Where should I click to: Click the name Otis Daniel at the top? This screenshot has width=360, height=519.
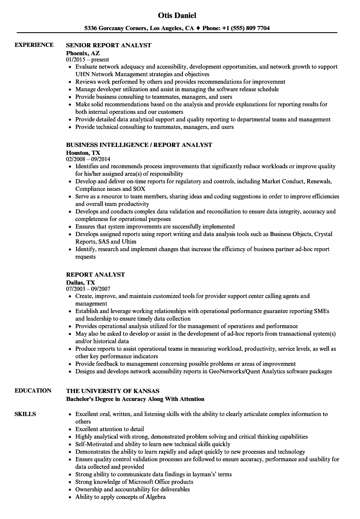tap(177, 15)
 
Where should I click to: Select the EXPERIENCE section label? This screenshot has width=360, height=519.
tap(34, 45)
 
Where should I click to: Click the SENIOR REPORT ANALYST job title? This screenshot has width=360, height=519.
tap(109, 45)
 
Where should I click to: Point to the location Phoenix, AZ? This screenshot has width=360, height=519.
tap(83, 53)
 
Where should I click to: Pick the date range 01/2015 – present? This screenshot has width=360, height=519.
tap(87, 60)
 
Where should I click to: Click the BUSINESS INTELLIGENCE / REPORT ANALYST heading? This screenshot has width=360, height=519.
tap(139, 145)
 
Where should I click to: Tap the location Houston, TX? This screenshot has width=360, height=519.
tap(83, 153)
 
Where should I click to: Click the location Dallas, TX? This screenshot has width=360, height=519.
tap(80, 283)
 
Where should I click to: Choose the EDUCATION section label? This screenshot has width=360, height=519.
tap(33, 391)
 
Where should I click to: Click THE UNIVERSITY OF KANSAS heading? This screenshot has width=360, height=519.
tap(113, 391)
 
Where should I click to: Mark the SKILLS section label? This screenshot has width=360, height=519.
tap(25, 414)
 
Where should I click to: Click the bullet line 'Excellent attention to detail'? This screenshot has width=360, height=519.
tap(110, 429)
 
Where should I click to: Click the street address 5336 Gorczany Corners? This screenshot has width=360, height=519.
tap(115, 28)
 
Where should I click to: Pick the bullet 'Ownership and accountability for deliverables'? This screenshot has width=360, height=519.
tap(132, 489)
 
